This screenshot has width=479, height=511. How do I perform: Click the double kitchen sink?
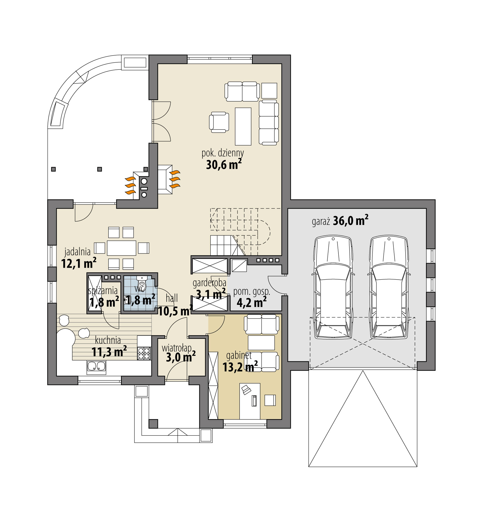(96, 366)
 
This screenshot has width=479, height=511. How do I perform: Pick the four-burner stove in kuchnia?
(144, 353)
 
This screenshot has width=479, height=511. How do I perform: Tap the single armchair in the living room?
(219, 122)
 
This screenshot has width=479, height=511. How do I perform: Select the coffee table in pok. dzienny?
(243, 126)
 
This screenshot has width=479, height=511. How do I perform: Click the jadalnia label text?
(77, 252)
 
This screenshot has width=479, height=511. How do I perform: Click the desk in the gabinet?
(250, 401)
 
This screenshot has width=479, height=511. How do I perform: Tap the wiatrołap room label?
(177, 348)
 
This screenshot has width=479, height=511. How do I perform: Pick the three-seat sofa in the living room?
(268, 122)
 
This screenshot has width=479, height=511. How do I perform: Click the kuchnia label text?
(108, 340)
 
